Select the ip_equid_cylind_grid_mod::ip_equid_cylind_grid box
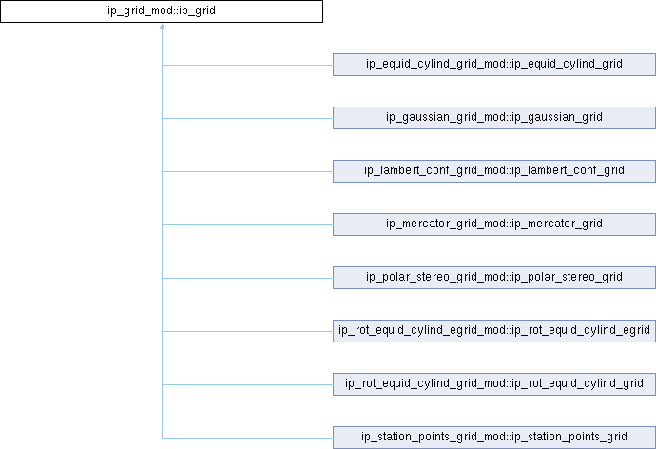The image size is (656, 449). pos(493,65)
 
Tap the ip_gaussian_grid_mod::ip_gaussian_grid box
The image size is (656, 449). pos(493,118)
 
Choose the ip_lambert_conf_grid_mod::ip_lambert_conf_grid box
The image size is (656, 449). pos(493,171)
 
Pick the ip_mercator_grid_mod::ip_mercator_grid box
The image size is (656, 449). pos(493,224)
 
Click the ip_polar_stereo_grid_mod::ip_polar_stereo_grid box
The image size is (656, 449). pos(493,278)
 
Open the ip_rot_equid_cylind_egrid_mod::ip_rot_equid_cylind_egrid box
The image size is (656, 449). pos(493,331)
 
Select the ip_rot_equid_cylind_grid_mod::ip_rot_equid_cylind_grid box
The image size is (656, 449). pos(493,384)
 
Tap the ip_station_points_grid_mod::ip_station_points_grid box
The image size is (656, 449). pos(493,438)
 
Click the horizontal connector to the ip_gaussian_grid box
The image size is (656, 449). pos(247,118)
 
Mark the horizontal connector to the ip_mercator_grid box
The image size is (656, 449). pos(247,224)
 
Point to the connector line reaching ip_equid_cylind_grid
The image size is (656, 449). pos(247,65)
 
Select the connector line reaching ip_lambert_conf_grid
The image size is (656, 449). pos(247,171)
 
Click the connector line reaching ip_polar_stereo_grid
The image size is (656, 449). pos(247,278)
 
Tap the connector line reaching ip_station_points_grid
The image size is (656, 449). pos(247,438)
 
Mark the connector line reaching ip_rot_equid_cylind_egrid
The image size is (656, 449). pos(247,331)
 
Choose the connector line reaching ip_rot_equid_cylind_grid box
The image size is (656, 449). pos(247,384)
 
